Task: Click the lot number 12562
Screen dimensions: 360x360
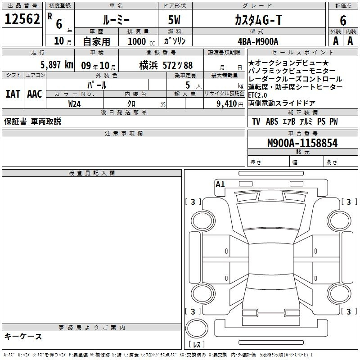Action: tap(22, 19)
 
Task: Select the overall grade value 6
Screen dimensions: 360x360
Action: tap(343, 20)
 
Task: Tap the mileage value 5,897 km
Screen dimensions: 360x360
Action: tap(57, 65)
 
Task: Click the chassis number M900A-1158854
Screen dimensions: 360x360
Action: tap(302, 143)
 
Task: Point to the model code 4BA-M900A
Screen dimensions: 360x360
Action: tap(258, 41)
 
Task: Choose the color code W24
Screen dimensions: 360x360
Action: tap(74, 104)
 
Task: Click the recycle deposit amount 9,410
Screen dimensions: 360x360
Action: tap(227, 104)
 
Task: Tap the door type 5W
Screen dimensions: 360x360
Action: tap(174, 20)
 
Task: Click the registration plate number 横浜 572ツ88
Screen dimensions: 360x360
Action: tap(166, 65)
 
